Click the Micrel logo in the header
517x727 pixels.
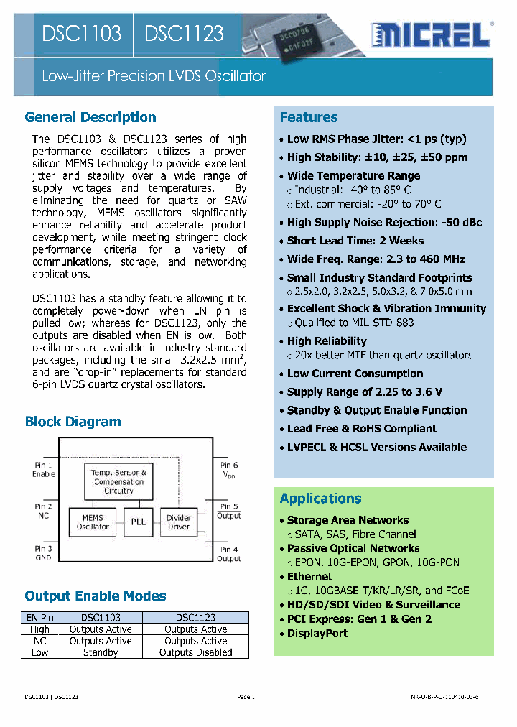pos(432,33)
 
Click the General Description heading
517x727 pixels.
pos(90,117)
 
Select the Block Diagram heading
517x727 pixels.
pos(73,422)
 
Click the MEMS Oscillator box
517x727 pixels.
pos(93,522)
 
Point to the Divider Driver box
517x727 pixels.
pos(179,522)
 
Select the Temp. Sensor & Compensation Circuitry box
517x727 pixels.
pos(118,481)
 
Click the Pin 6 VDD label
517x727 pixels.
pos(229,470)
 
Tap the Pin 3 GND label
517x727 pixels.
pos(43,553)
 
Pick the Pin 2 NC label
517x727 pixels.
pos(43,511)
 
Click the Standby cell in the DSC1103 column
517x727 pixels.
pos(101,653)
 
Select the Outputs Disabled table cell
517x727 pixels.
pos(195,653)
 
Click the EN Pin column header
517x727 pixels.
pos(40,617)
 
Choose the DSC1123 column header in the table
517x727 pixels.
pos(195,617)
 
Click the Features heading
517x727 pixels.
pos(309,117)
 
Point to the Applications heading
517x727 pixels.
pos(320,499)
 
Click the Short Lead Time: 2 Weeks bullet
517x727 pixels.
pos(355,241)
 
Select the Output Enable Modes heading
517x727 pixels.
pos(96,596)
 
